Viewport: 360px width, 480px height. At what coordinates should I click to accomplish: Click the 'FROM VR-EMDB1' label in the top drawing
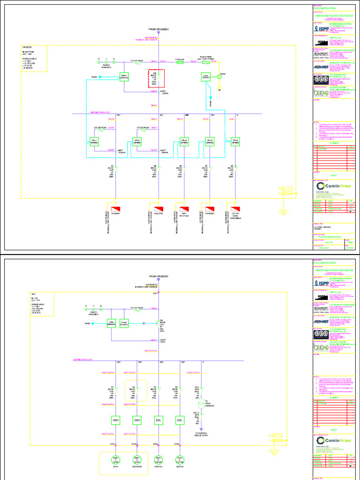(x=159, y=29)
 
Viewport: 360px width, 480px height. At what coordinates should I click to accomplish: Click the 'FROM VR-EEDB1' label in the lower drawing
(x=159, y=276)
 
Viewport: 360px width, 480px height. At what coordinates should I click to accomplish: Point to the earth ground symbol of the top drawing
(x=283, y=212)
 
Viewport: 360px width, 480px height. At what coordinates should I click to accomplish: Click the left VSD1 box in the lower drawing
(x=116, y=420)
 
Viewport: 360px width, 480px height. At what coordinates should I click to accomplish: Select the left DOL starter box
(x=158, y=420)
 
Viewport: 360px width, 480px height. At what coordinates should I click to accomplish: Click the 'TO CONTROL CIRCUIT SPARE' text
(x=201, y=435)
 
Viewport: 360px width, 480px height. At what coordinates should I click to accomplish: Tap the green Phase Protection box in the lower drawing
(x=125, y=324)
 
